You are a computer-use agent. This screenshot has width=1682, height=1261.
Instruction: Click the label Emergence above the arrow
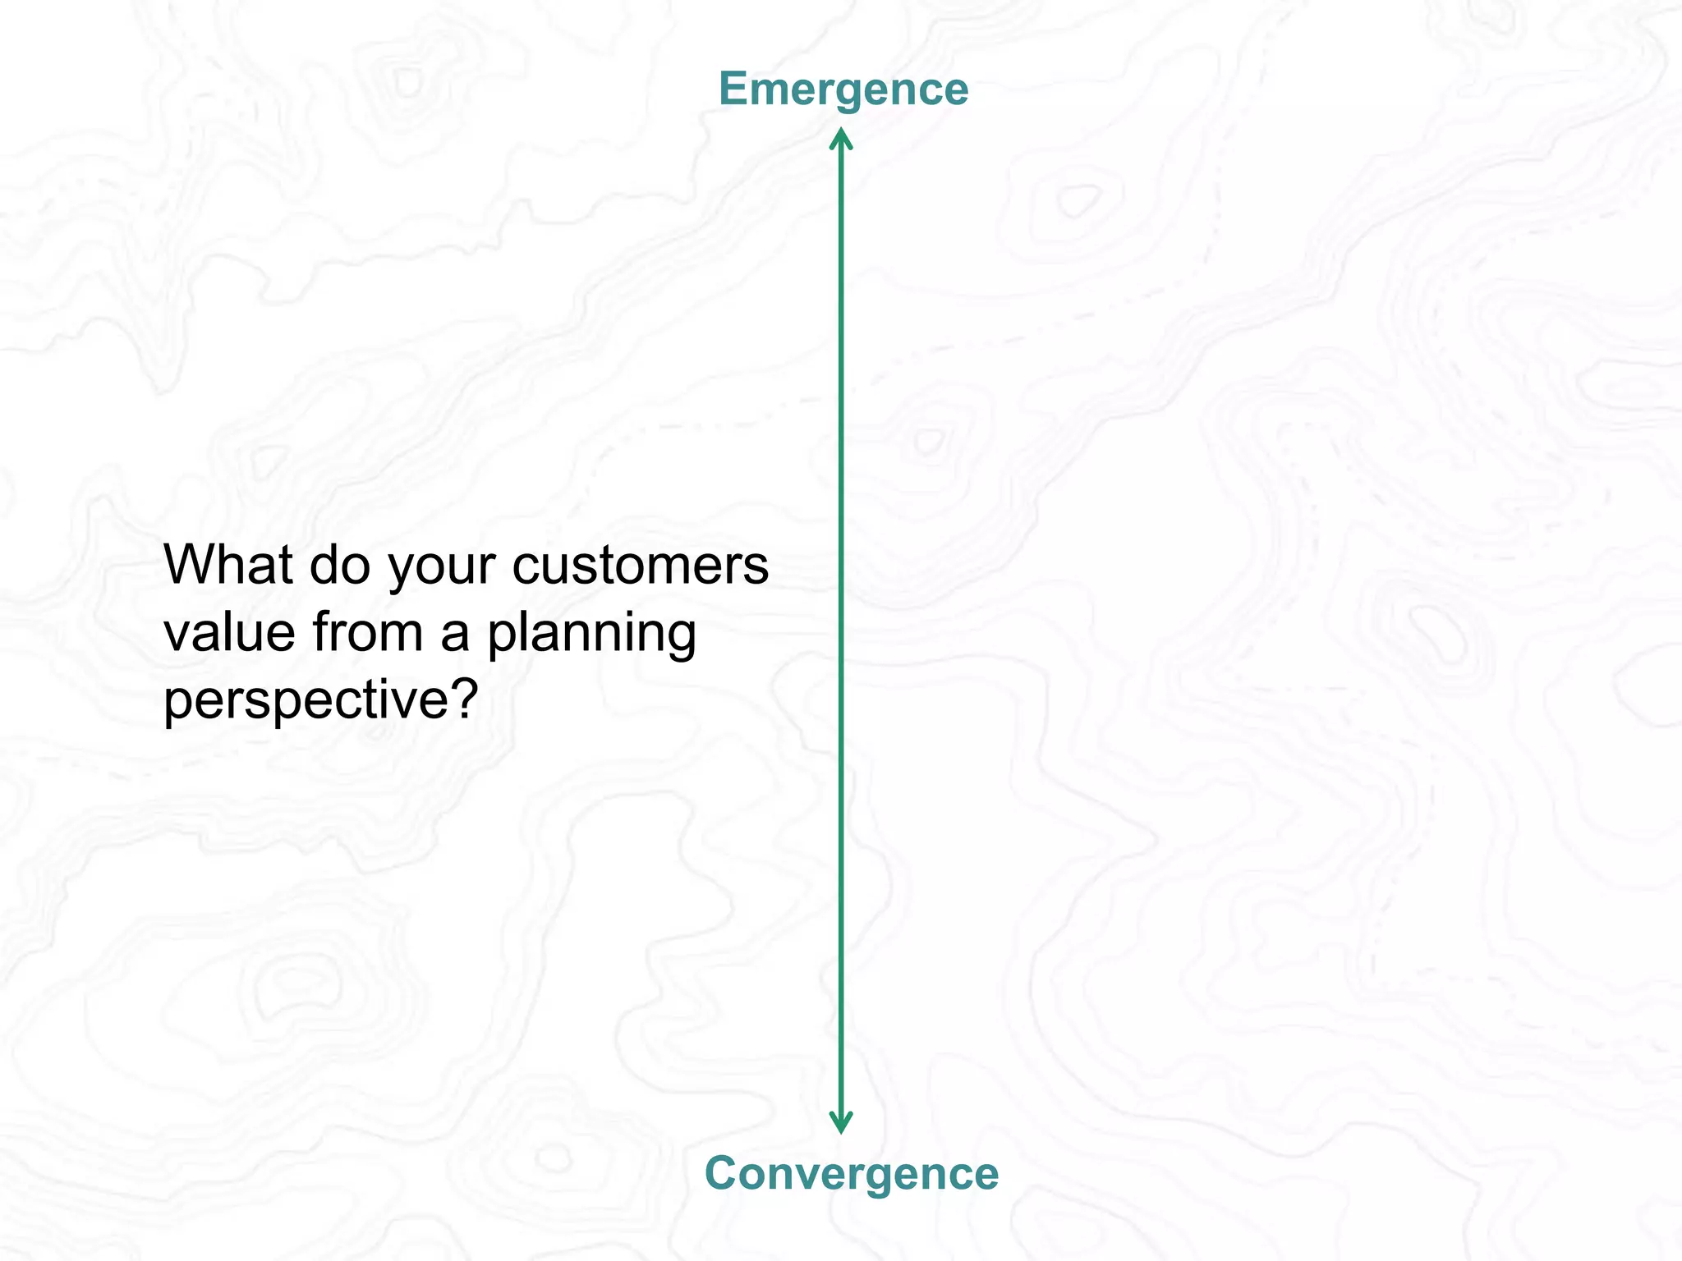point(843,89)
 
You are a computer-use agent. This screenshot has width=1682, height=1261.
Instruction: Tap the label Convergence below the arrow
point(852,1172)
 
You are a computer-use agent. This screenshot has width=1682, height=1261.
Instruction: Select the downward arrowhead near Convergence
point(840,1124)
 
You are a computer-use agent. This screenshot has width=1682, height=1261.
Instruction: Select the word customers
point(641,566)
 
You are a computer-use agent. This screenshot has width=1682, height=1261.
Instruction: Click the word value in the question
point(229,633)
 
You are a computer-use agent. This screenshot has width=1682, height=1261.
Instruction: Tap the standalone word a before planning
point(455,634)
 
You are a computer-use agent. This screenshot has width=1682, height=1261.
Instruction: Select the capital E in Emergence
point(732,89)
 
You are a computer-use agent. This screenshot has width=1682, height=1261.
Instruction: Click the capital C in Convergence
point(722,1172)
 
